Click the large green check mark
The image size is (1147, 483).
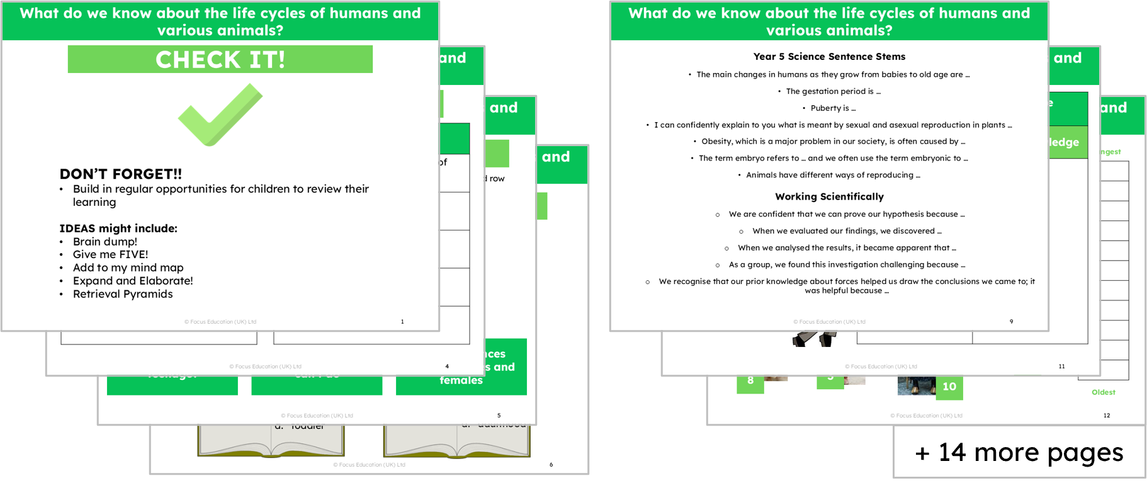(220, 115)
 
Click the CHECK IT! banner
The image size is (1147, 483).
(220, 59)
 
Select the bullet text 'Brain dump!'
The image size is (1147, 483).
(105, 241)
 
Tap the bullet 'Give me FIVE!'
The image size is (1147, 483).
(110, 254)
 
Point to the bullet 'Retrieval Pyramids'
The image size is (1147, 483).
(122, 294)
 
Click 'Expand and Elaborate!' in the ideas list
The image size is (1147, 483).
(132, 281)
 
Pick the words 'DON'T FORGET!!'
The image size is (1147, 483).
(120, 174)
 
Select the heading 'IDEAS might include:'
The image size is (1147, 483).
(118, 228)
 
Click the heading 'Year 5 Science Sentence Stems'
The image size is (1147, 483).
(829, 57)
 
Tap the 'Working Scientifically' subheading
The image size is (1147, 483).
(829, 196)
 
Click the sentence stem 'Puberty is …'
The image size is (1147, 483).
(833, 108)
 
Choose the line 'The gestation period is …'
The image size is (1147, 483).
(833, 91)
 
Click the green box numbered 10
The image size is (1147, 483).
(949, 387)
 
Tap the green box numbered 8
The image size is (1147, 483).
(750, 381)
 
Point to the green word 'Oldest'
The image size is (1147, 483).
(1103, 392)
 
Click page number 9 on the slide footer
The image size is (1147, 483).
(1011, 322)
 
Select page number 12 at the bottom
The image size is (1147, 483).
(1106, 416)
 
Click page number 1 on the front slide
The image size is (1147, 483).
(402, 322)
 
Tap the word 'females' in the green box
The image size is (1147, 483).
(461, 380)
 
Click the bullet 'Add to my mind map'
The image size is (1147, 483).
(128, 268)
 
